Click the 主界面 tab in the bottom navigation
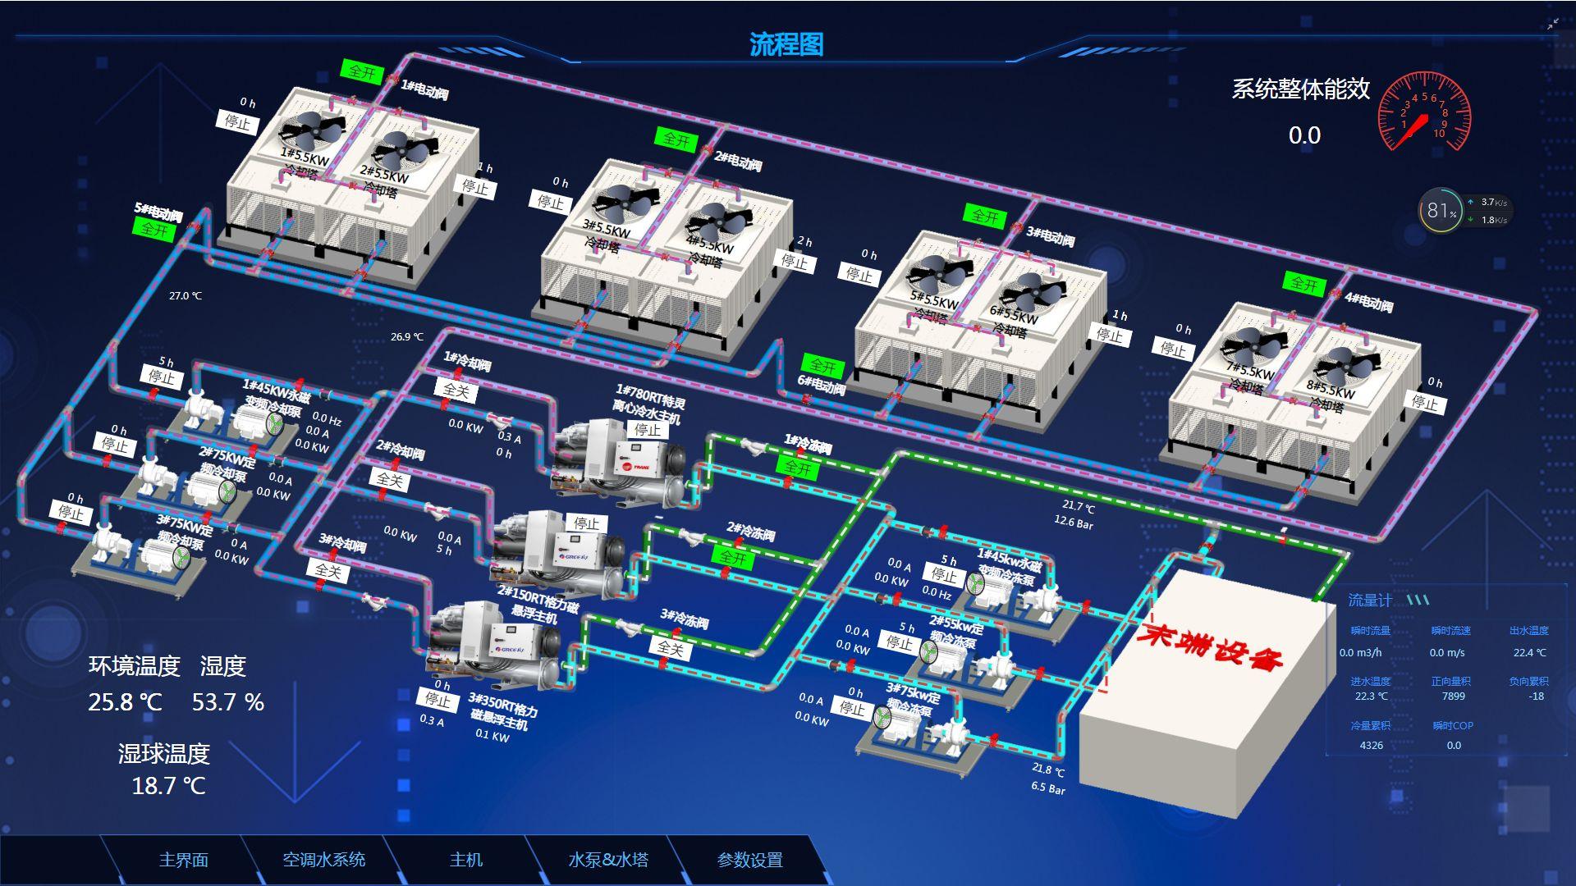point(183,860)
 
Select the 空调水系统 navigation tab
point(323,860)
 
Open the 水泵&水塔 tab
point(607,860)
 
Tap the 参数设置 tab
point(749,860)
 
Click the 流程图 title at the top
point(786,44)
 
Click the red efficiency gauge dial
point(1423,113)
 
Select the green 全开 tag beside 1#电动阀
point(361,72)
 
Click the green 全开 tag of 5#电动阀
point(154,228)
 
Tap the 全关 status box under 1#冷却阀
point(456,390)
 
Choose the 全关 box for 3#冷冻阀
point(670,648)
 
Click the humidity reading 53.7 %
point(227,702)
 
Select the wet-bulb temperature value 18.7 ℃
point(168,786)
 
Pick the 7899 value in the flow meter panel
point(1453,696)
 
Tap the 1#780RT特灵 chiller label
point(649,404)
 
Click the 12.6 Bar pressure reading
point(1074,522)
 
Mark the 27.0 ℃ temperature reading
point(186,296)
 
